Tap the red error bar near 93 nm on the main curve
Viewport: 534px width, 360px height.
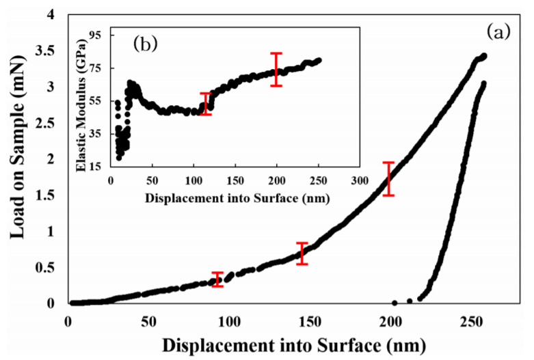217,279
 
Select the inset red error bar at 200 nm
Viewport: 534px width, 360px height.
276,69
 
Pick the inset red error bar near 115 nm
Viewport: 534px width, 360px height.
206,104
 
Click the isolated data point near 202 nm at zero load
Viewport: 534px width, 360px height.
395,303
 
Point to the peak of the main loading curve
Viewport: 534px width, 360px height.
483,56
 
